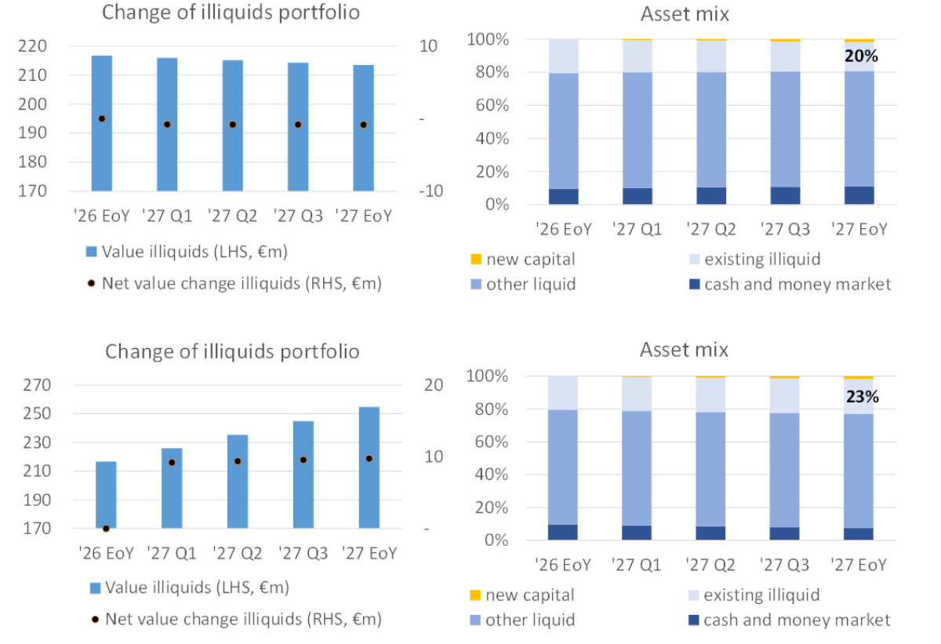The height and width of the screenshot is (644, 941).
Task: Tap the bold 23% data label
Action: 862,397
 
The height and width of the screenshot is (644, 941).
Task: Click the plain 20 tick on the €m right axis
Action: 434,385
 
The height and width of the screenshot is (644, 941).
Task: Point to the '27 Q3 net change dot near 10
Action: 303,460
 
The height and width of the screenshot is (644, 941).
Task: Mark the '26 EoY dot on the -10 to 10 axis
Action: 102,118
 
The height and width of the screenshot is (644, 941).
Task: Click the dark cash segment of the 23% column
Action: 859,534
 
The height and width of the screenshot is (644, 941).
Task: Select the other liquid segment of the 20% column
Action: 859,129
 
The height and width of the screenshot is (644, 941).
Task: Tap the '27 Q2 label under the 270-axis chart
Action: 238,554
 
